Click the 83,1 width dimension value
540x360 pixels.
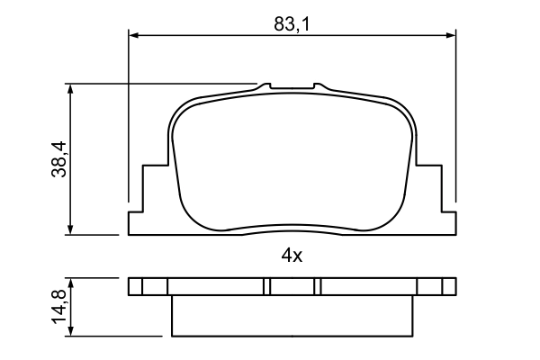coord(292,24)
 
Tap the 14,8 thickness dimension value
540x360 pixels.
coord(58,308)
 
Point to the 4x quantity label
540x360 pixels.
coord(291,256)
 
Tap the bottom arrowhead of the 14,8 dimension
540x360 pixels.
coord(70,331)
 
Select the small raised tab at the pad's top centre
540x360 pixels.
coord(292,87)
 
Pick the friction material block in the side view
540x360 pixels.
coord(292,316)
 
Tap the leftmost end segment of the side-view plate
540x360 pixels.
coord(136,286)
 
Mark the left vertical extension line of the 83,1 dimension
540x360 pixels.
coord(129,117)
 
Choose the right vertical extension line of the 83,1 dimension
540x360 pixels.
coord(456,117)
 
